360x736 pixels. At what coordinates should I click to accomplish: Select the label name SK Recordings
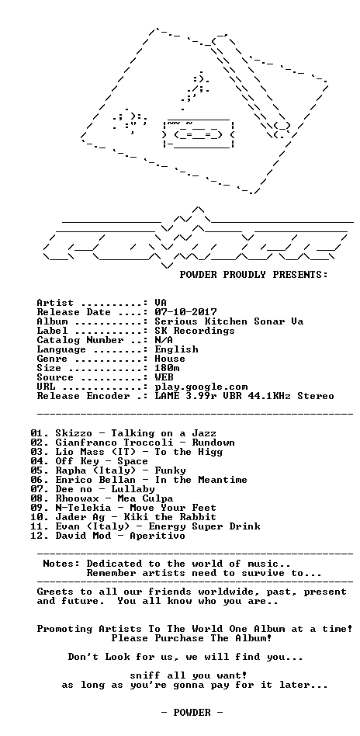195,331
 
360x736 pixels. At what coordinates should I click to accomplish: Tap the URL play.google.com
201,387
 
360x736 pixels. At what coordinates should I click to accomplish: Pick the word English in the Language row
176,349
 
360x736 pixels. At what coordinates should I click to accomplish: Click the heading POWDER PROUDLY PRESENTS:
254,275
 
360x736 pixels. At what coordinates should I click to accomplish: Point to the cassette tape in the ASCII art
198,134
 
